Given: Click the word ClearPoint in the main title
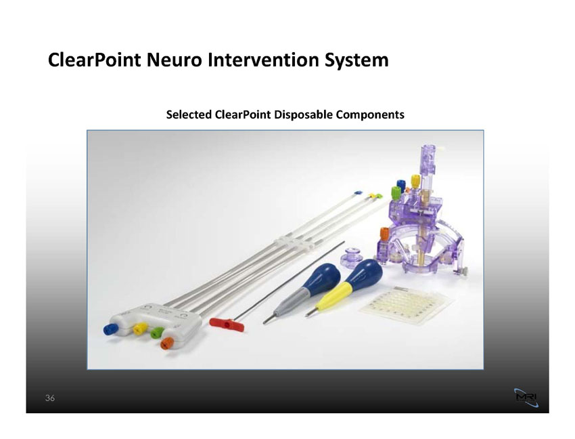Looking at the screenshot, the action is click(94, 60).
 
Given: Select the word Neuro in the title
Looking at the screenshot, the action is click(174, 60).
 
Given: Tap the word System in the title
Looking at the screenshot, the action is click(356, 60).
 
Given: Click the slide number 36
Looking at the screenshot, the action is click(50, 398).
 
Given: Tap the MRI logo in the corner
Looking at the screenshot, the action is click(526, 398).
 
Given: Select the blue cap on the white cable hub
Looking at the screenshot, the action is click(110, 329).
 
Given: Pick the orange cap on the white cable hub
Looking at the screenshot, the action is click(167, 343).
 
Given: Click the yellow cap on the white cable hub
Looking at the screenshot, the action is click(140, 329).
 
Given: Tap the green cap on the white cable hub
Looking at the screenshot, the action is click(157, 333).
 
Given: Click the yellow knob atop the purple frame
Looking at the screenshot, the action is click(415, 181).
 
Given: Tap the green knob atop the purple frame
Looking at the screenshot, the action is click(396, 192).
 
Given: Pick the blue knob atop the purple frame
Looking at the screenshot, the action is click(401, 184).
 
